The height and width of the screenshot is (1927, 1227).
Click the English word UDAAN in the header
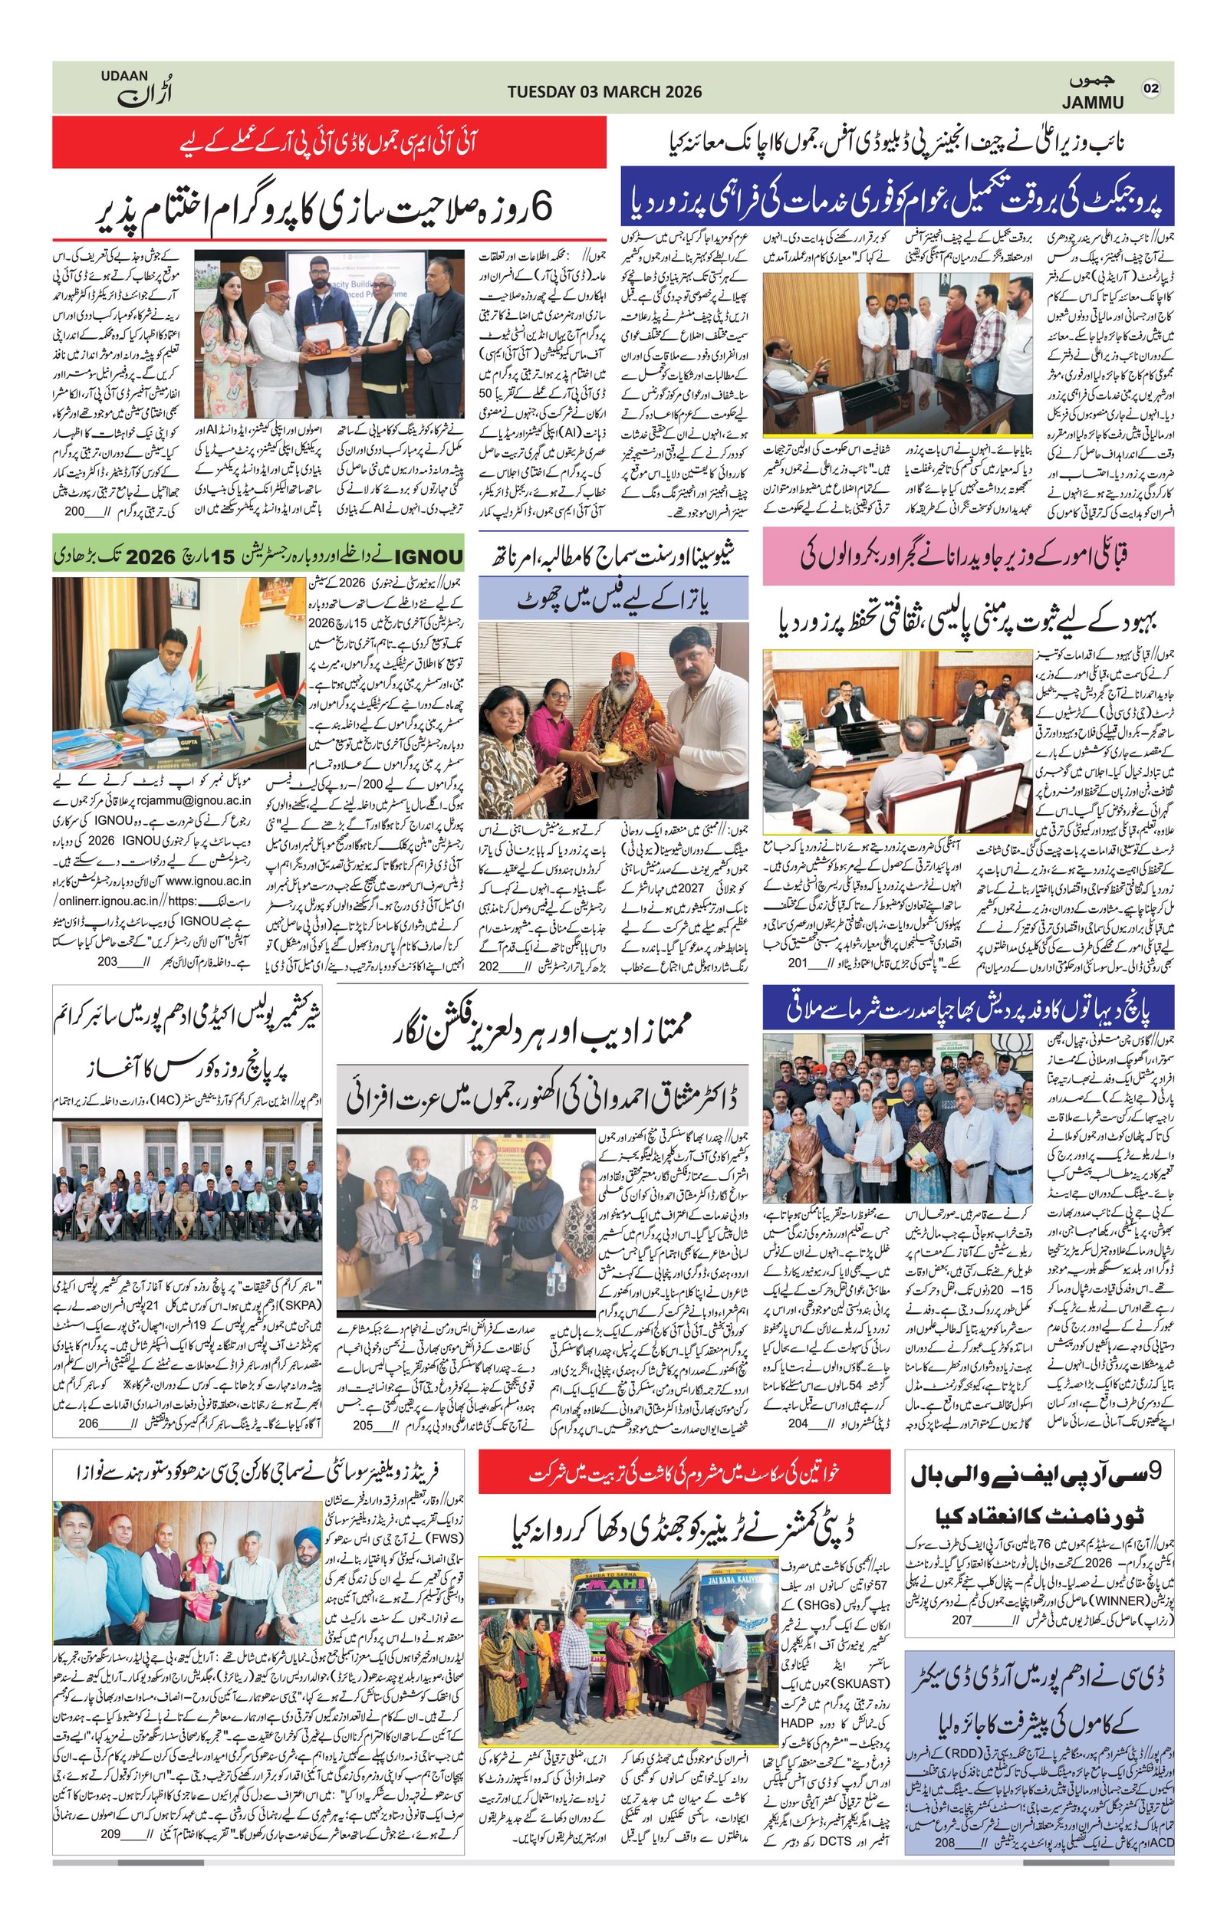coord(124,75)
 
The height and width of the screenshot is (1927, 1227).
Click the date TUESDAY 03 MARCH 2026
coord(604,91)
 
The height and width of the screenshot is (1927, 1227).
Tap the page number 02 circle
coord(1151,88)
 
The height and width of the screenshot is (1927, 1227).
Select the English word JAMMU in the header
coord(1093,103)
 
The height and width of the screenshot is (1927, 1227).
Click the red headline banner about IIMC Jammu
coord(329,142)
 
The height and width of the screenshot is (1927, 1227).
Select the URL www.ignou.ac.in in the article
coord(208,880)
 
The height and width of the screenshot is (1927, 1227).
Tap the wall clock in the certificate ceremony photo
coord(251,267)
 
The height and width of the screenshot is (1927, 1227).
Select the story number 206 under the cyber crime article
coord(88,1423)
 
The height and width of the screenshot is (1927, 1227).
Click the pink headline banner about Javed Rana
coord(968,556)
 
